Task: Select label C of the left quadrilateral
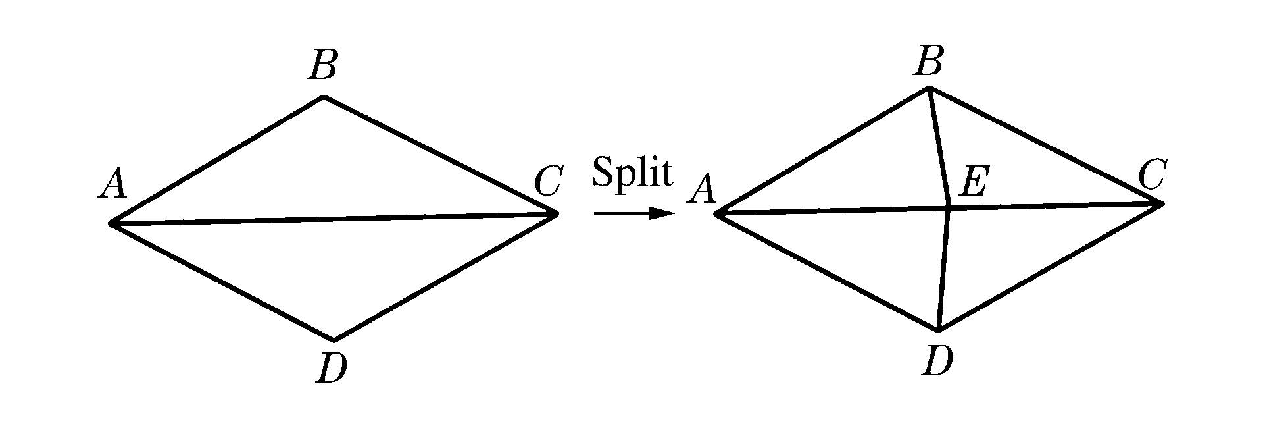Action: (547, 182)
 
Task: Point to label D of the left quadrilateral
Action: (332, 369)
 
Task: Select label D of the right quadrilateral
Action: (937, 361)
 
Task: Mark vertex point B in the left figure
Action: (324, 97)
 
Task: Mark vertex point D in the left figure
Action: (334, 340)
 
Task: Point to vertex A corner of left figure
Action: (111, 224)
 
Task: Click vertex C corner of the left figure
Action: (557, 213)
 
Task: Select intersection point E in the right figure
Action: (948, 209)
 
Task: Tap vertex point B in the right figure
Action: (928, 88)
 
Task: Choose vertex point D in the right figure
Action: (939, 329)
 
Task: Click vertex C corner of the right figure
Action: (1162, 204)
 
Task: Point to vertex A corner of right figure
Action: (716, 213)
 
